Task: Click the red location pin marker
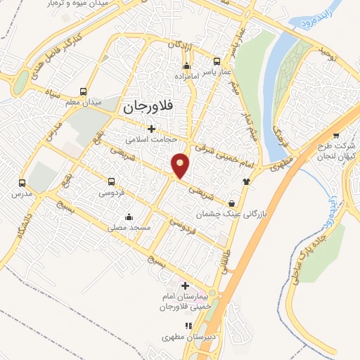click(181, 165)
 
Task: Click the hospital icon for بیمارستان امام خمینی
click(185, 285)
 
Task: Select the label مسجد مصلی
click(127, 227)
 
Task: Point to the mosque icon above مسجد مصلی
click(127, 217)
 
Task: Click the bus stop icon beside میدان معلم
click(84, 92)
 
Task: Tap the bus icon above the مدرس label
click(22, 181)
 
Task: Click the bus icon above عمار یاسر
click(214, 60)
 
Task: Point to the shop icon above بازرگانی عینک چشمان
click(232, 202)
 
